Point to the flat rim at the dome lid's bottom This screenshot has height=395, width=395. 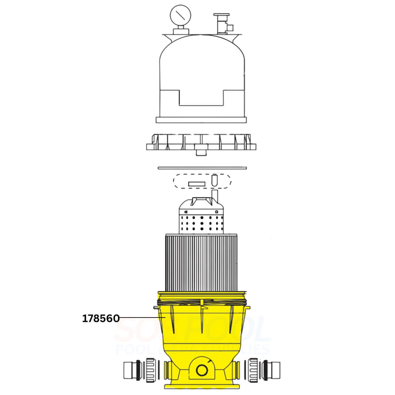(201, 120)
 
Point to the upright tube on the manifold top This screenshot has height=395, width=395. (214, 194)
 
